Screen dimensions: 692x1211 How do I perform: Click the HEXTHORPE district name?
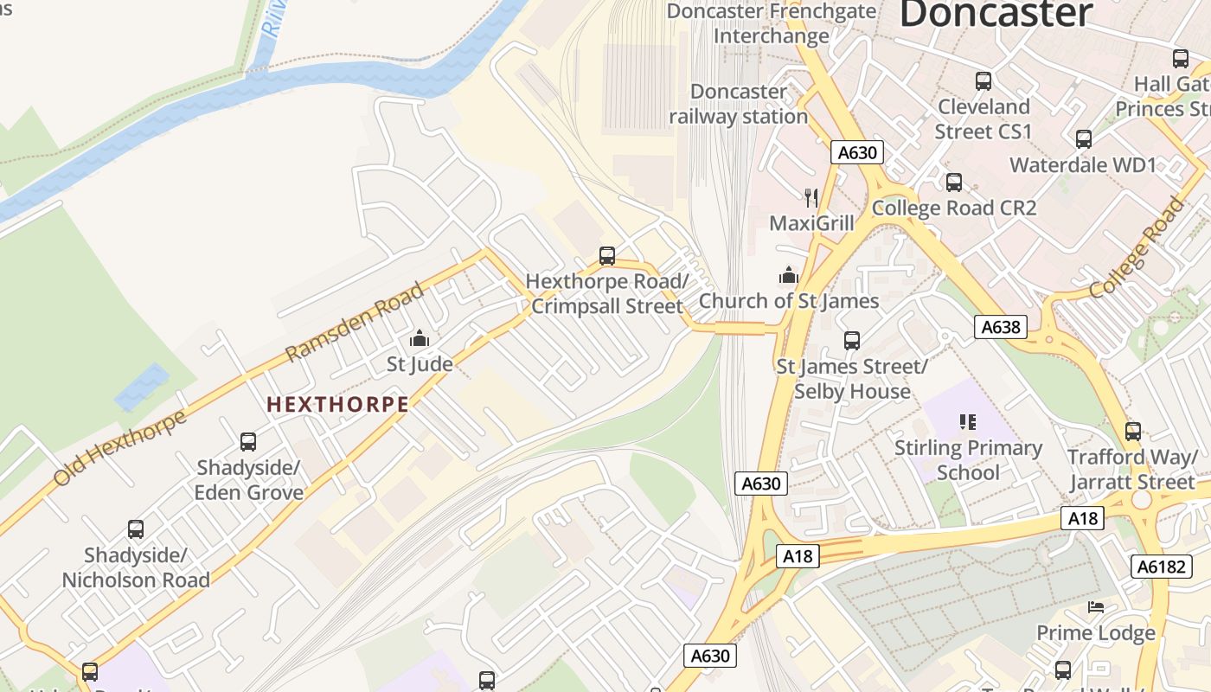coord(337,404)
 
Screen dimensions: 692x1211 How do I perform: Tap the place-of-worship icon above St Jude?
coord(420,338)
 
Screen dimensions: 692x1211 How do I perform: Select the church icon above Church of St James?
coord(789,276)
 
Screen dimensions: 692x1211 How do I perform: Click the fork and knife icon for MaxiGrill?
coord(811,198)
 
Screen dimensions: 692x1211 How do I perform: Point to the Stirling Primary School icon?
coord(968,422)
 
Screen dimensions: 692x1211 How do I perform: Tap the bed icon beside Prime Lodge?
coord(1096,607)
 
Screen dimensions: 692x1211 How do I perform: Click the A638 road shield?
coord(1001,327)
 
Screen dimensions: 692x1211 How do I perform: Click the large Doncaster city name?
coord(996,15)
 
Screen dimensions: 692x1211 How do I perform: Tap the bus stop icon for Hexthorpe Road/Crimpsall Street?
coord(607,256)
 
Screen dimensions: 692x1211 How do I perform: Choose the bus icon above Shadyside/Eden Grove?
coord(248,442)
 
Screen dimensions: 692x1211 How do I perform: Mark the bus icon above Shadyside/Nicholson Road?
coord(136,529)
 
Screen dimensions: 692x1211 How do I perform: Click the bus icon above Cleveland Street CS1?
coord(984,81)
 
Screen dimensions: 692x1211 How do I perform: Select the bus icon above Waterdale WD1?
coord(1083,139)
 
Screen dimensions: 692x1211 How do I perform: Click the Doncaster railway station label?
coord(739,104)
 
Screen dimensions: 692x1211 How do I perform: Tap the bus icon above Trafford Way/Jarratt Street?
coord(1132,432)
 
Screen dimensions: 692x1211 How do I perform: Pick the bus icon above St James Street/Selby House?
coord(852,341)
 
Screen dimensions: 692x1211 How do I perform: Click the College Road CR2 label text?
coord(954,208)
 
